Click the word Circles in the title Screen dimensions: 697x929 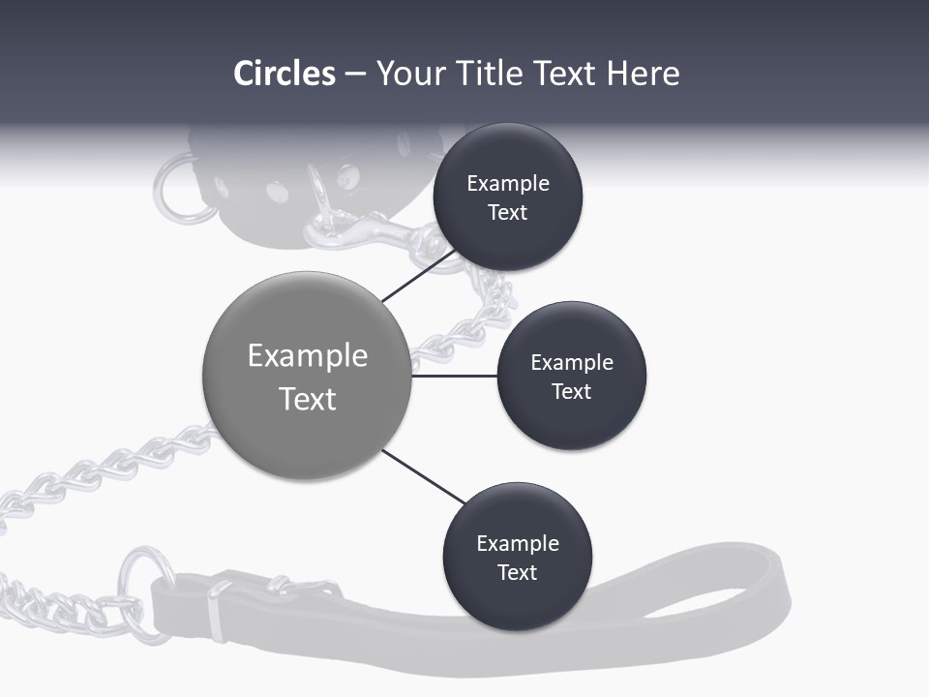point(285,74)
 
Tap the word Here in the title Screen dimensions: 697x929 point(643,74)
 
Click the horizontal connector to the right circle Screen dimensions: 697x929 point(454,376)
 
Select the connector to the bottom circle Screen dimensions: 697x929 point(423,477)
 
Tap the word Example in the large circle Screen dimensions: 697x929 point(307,356)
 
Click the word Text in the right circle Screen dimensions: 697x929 point(571,391)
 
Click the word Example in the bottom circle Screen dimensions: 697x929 point(517,543)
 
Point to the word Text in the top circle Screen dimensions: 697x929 point(507,212)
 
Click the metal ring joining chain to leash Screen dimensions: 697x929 point(144,592)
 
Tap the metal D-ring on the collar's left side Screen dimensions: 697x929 point(178,190)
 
